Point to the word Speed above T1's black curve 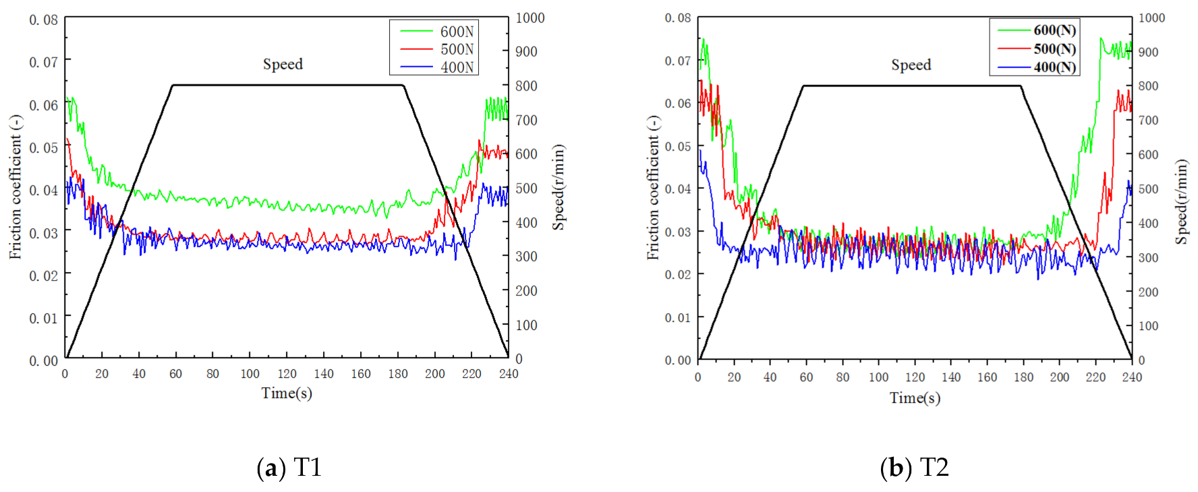pos(283,64)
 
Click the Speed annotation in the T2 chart pos(911,65)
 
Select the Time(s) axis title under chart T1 pos(287,393)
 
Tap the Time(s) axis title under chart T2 pos(915,398)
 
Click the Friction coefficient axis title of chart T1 pos(15,187)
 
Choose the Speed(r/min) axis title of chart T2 pos(1180,202)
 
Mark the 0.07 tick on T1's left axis pos(44,62)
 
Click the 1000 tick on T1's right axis pos(530,18)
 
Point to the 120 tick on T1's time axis pos(287,374)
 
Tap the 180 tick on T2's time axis pos(1023,377)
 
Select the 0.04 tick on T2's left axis pos(678,189)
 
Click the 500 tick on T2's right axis pos(1148,189)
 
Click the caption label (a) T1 pos(289,467)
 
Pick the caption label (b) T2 pos(914,467)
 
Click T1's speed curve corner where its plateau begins pos(173,85)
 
